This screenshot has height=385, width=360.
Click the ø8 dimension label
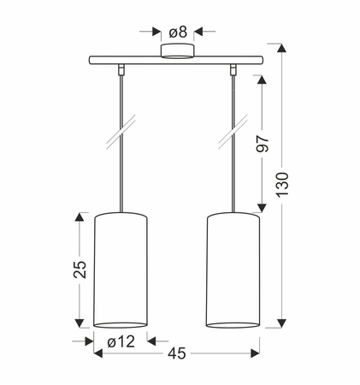(178, 32)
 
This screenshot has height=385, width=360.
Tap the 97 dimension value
(263, 144)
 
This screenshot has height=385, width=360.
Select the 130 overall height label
(282, 184)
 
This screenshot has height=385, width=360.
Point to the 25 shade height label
(80, 269)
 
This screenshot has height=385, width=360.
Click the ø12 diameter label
(121, 341)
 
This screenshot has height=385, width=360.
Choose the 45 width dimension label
(177, 353)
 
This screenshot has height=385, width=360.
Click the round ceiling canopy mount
(177, 51)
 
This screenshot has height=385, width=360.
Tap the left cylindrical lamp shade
(121, 270)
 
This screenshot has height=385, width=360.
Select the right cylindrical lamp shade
(233, 270)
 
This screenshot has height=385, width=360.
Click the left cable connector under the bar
(121, 69)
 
